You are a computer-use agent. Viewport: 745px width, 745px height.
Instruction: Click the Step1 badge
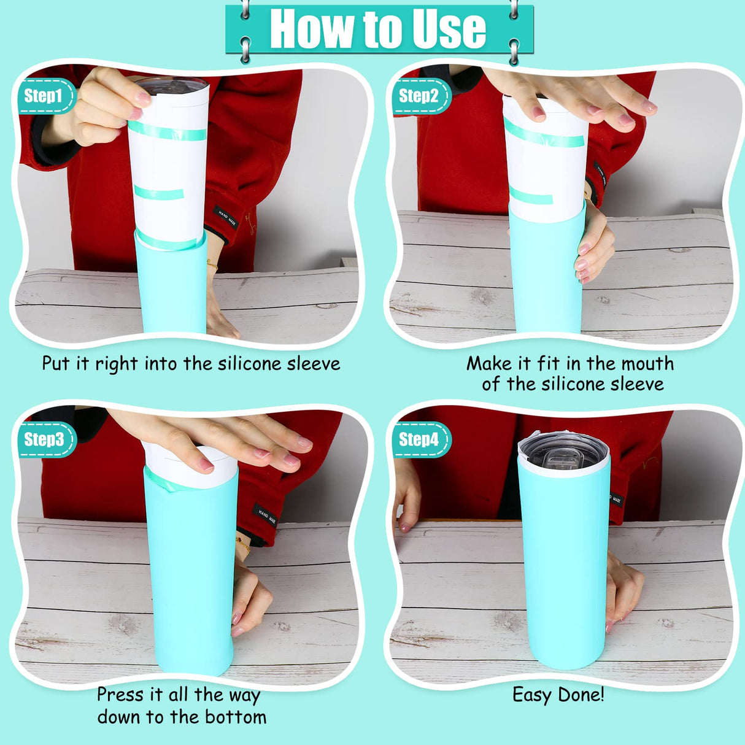tap(44, 96)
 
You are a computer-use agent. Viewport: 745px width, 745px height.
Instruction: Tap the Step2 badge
tap(420, 96)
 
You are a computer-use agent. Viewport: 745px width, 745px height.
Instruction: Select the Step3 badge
tap(44, 439)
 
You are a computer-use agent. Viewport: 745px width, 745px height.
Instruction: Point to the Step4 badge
tap(420, 439)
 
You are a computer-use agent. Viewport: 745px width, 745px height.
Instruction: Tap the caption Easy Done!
tap(558, 695)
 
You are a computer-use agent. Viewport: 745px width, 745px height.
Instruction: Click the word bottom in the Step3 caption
tap(236, 717)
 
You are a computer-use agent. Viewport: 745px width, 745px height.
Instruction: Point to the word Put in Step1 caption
tap(55, 363)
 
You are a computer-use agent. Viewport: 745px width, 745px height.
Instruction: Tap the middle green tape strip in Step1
tap(159, 193)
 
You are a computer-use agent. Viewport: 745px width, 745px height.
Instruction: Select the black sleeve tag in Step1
tap(228, 218)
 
